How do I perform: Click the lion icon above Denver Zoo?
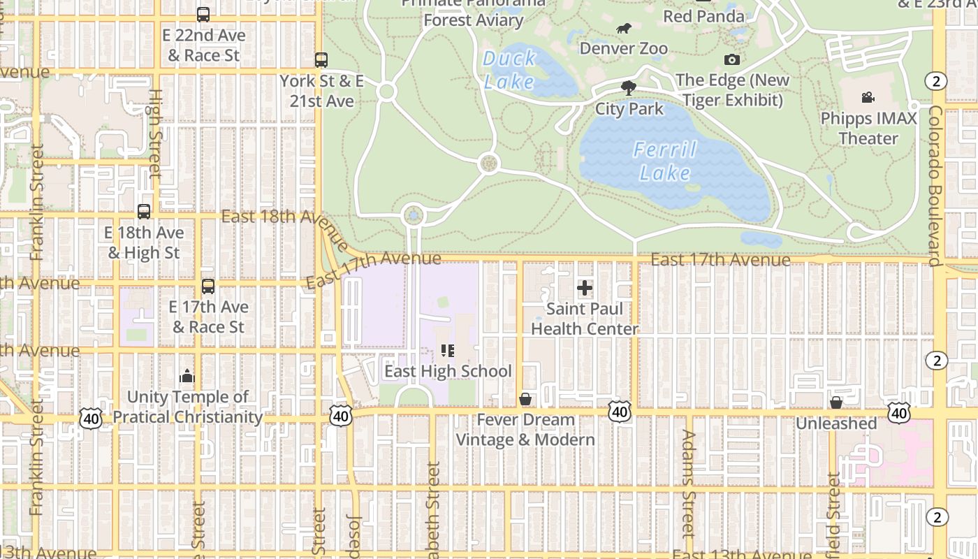624,29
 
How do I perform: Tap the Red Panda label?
703,16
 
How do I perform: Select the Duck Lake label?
509,70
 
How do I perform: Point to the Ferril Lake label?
665,161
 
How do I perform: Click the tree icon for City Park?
629,87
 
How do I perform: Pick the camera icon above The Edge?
732,60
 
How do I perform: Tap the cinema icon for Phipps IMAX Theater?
868,97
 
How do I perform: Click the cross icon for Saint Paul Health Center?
585,287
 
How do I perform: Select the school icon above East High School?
448,350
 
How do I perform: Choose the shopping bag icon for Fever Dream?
525,399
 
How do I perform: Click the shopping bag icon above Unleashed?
836,402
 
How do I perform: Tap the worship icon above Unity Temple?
187,377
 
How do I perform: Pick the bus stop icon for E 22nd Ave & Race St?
203,15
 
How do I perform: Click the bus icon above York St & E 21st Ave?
321,60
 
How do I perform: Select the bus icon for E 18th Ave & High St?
144,212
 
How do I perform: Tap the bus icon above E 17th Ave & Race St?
208,286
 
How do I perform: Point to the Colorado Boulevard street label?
935,185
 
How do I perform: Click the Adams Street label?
689,482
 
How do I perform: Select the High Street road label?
155,133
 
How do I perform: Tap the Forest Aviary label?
474,20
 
